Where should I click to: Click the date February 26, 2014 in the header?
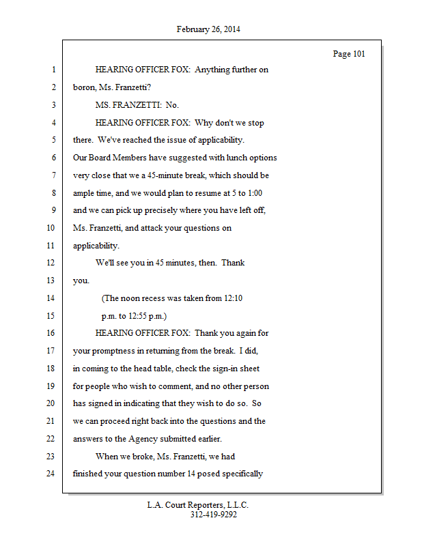click(208, 29)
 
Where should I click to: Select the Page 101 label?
click(349, 54)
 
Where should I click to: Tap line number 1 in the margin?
click(53, 70)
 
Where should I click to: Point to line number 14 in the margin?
click(51, 298)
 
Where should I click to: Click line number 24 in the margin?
click(51, 474)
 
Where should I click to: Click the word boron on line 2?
click(84, 88)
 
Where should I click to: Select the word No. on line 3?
click(172, 105)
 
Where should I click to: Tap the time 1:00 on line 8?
click(253, 193)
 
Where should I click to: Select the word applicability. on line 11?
click(96, 246)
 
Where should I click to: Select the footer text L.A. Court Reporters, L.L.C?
click(198, 505)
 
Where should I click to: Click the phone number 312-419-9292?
click(214, 515)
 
